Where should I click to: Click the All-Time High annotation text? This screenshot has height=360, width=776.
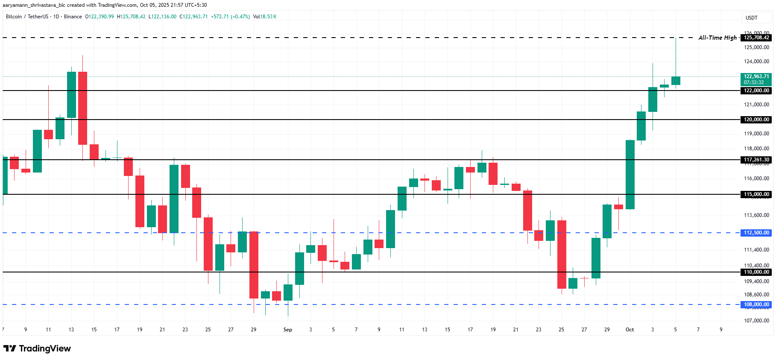(717, 38)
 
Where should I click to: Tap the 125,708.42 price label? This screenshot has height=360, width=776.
(756, 38)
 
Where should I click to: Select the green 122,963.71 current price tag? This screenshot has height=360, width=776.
(756, 79)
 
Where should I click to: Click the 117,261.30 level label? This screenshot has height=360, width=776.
(756, 160)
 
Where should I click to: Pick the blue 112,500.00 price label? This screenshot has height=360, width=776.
(756, 233)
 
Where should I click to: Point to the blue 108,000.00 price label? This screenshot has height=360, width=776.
(756, 304)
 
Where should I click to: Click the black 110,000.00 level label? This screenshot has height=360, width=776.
(756, 272)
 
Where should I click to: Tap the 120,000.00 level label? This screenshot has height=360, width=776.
(756, 120)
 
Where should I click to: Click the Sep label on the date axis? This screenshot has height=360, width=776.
(288, 330)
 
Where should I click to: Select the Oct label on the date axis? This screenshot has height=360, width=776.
(630, 330)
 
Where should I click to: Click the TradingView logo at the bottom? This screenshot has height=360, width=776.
(37, 348)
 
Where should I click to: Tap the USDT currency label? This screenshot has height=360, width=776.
(751, 18)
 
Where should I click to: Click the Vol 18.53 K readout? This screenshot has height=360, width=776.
(265, 17)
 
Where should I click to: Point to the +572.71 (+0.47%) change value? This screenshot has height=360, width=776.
(230, 17)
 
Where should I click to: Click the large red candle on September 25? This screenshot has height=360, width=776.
(562, 254)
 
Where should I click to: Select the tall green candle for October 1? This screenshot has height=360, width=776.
(630, 174)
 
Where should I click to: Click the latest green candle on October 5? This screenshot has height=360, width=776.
(676, 81)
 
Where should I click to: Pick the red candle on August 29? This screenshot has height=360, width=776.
(254, 265)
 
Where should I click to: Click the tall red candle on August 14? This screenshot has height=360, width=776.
(82, 108)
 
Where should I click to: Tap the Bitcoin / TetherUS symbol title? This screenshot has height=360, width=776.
(26, 17)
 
